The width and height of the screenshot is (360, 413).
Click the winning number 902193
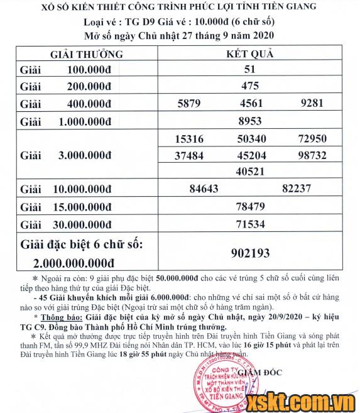tap(250, 253)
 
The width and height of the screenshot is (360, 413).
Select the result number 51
tap(250, 70)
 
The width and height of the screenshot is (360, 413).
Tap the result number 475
tap(250, 87)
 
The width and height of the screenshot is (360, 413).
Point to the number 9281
tap(312, 104)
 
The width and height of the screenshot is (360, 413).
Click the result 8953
tap(250, 121)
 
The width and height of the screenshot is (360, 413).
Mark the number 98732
tap(313, 155)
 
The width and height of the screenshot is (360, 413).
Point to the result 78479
tap(250, 206)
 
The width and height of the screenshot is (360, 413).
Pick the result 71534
tap(250, 223)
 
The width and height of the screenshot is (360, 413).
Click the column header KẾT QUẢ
tap(250, 53)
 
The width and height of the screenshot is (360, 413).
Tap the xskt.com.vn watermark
tap(314, 398)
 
